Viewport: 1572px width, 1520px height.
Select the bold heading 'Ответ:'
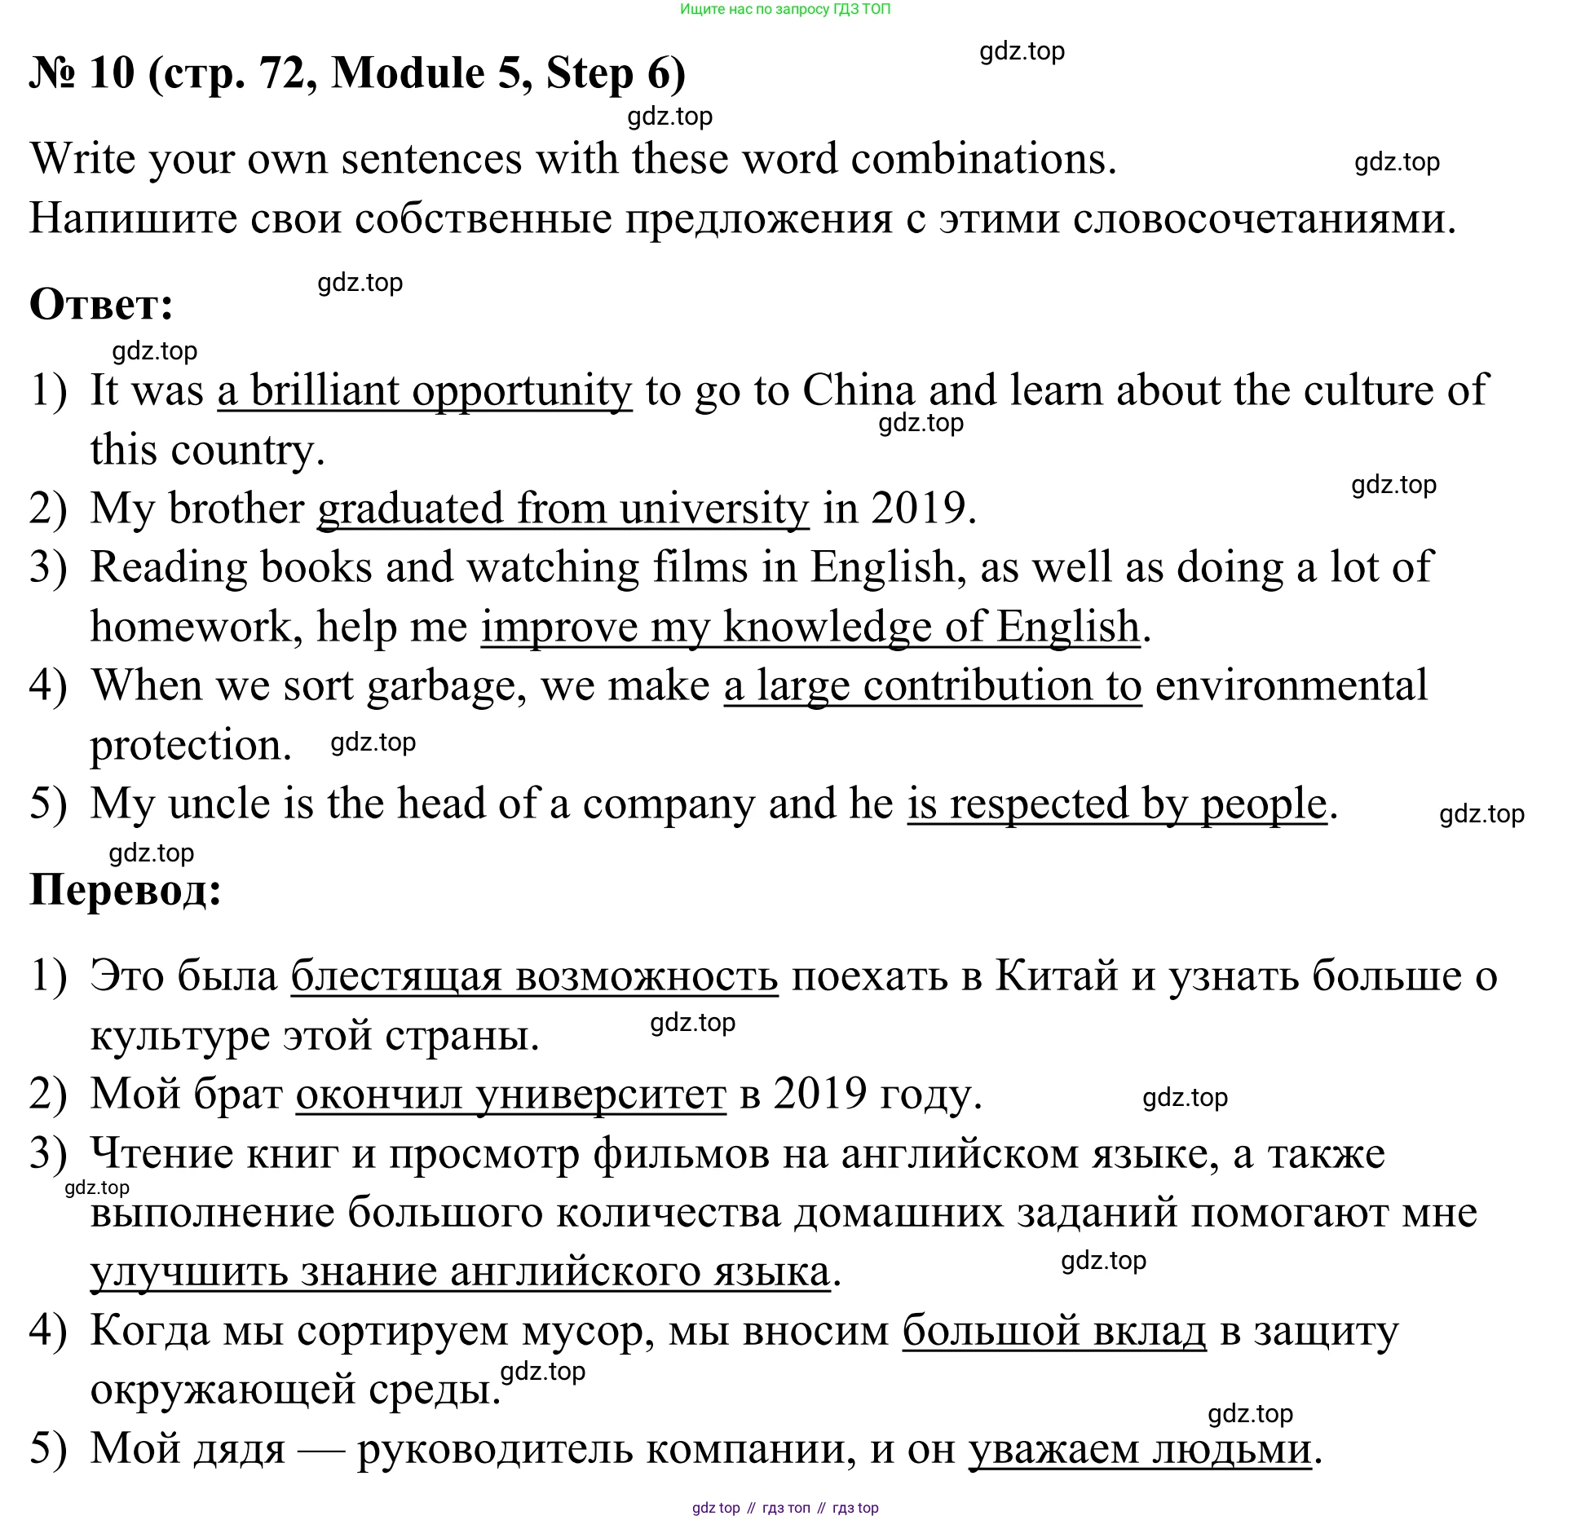101,305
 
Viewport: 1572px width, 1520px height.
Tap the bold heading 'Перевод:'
126,889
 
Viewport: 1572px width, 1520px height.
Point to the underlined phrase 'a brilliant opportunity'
424,391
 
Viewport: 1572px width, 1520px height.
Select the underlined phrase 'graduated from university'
563,509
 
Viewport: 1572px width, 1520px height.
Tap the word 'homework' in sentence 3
190,627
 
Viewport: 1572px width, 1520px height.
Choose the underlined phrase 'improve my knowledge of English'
810,628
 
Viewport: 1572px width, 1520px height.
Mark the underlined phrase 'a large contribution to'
932,686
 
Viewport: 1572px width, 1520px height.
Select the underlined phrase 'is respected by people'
1117,804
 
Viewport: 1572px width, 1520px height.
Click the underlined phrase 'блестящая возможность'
534,976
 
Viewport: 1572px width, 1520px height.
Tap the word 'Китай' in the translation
1056,976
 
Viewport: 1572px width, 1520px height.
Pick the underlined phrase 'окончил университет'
510,1095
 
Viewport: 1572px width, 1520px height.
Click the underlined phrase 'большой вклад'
1053,1332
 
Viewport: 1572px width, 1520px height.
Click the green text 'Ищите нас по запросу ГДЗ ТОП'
784,10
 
